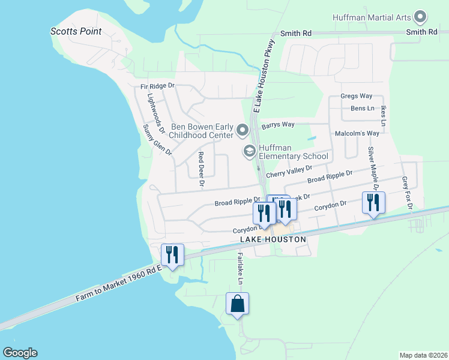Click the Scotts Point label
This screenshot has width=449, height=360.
coord(76,31)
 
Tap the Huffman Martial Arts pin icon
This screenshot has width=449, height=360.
coord(420,17)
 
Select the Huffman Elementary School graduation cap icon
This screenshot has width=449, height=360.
coord(249,151)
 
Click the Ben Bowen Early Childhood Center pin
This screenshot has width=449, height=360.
coord(243,130)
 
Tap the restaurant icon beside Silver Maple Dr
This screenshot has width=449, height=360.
coord(373,203)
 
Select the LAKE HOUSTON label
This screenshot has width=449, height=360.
coord(273,239)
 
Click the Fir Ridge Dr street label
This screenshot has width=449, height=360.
coord(157,86)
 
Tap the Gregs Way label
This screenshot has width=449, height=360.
coord(357,96)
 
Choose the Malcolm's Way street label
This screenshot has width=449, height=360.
coord(357,133)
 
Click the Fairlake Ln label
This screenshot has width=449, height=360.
coord(240,268)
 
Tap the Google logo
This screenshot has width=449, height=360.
coord(20,353)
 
